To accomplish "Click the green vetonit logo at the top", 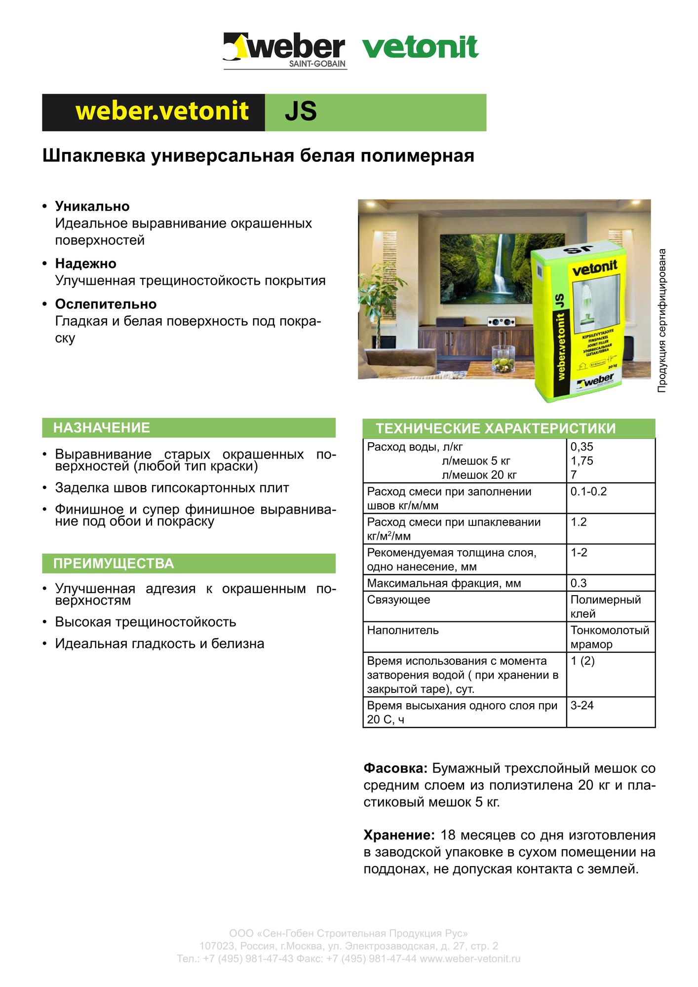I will pos(420,47).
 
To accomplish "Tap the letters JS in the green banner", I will pos(301,112).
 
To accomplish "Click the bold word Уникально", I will pos(92,206).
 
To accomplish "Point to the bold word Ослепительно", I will pos(106,304).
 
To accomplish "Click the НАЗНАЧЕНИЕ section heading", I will pos(101,427).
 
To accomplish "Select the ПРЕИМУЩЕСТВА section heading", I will pos(114,563).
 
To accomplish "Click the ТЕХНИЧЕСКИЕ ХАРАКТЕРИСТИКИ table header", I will pos(496,428).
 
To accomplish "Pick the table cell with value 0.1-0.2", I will pos(588,492).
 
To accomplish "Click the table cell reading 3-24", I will pos(582,705).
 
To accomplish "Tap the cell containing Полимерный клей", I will pos(605,607).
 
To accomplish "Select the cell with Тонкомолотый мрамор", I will pos(610,637).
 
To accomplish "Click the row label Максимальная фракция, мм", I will pos(444,583).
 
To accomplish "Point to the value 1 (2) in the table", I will pos(582,661).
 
